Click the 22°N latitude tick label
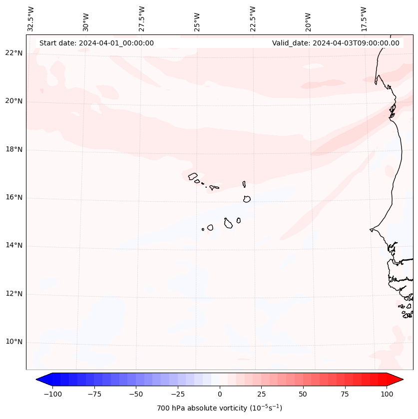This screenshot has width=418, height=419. point(13,53)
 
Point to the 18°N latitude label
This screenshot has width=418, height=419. point(13,149)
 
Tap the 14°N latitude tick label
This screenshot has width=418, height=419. point(13,246)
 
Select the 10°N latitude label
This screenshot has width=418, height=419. point(13,342)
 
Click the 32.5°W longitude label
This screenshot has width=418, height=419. point(31,19)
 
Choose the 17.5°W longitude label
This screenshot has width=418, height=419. point(364,19)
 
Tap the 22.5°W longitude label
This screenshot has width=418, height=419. point(253,19)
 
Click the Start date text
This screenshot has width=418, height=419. point(96,43)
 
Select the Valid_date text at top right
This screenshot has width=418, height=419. point(336,43)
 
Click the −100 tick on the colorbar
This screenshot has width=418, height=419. point(52,394)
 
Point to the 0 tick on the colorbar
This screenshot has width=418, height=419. point(220,394)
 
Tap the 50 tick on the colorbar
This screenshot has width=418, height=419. point(303,394)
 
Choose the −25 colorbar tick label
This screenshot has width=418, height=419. point(178,394)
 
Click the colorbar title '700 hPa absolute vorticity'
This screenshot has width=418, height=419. point(219,408)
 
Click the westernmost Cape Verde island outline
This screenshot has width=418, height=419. point(193,176)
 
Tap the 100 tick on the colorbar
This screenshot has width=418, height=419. point(387,394)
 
